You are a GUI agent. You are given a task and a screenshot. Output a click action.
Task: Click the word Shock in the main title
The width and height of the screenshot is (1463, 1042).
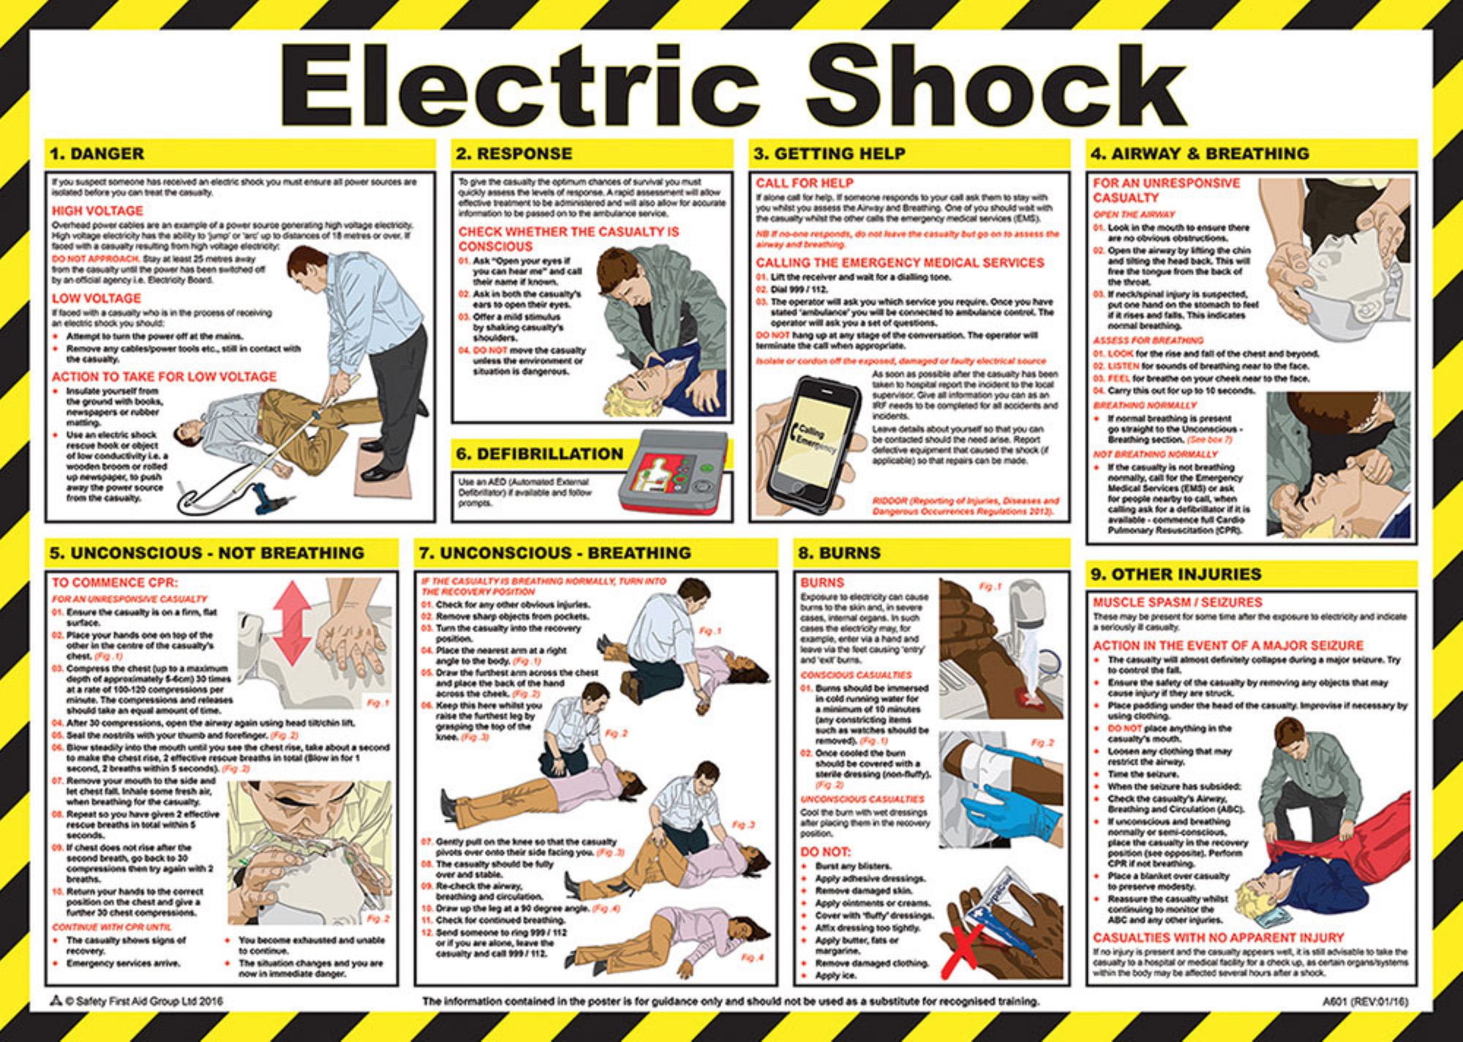[995, 86]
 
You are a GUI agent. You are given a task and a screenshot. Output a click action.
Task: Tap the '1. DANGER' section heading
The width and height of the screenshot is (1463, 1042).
[97, 154]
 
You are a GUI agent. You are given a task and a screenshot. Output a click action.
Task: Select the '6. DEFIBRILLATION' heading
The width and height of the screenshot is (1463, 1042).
[539, 454]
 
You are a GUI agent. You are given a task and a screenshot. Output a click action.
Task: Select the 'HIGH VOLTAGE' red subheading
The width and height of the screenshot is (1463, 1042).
[97, 211]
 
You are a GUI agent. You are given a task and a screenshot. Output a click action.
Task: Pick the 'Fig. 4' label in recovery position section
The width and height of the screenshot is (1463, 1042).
[751, 957]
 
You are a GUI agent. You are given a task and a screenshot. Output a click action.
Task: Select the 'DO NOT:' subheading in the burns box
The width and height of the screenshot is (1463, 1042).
[825, 852]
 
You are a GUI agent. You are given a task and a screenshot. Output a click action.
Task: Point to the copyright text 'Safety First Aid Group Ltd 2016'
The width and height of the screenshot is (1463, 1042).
[143, 1001]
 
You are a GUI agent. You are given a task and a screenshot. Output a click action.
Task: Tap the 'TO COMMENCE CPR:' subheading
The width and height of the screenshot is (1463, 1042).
[115, 582]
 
